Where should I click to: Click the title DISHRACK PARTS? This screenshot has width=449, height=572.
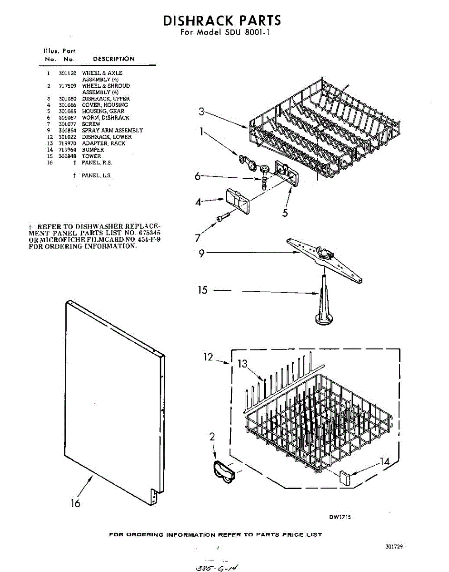point(222,20)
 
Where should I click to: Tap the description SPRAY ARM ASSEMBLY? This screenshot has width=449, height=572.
point(112,130)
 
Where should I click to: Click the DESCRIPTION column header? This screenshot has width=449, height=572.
point(114,59)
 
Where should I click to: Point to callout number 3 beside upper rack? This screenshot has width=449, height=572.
point(201,112)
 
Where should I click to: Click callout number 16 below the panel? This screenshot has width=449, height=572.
point(76,503)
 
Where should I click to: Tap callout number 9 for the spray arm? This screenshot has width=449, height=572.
point(202,254)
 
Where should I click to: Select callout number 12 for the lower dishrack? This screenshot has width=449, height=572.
point(209,357)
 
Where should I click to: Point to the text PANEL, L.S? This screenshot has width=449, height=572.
point(97,175)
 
